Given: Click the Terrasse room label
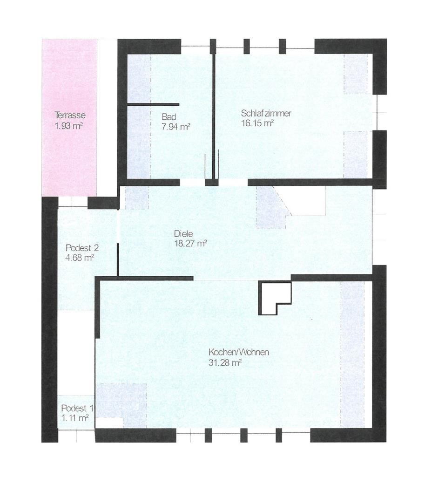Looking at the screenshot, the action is pos(70,116).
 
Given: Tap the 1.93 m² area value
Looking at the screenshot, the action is pos(69,126).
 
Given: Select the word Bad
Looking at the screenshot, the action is pos(169,117).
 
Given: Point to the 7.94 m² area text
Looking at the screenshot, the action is pos(175,127).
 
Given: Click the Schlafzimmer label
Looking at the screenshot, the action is pos(266,114).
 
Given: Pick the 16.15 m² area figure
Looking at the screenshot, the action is pos(257,123).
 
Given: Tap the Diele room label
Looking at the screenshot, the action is pos(183,234).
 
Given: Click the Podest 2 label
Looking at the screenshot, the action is pos(82,248).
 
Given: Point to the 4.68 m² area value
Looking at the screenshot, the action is pos(80,258).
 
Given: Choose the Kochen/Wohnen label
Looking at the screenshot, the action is pos(239,352).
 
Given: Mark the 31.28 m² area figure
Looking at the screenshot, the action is pos(225,362).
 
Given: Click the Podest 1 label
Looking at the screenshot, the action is pos(77,408).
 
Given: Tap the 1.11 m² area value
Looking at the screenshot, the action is pos(75,418).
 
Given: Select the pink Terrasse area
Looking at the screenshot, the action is pos(69,118).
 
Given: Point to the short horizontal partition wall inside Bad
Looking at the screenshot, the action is pos(153,104).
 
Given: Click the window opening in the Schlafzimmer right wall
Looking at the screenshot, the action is pos(376,113).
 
